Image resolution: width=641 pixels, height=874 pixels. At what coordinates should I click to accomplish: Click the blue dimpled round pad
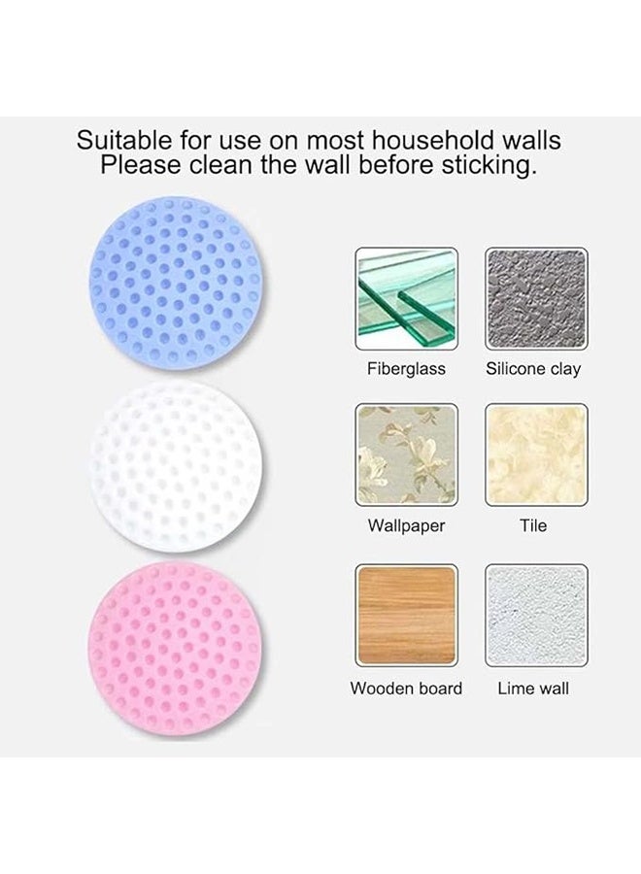pos(176,282)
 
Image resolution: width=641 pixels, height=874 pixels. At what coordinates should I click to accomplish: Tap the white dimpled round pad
pos(176,467)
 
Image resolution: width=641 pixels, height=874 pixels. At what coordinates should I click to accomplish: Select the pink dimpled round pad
pos(175,650)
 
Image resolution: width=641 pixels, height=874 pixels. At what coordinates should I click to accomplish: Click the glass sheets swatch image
pos(406,299)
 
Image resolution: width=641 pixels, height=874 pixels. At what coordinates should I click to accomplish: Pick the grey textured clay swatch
pos(536,299)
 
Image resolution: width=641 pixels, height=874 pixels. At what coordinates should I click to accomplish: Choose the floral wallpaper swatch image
pos(406,454)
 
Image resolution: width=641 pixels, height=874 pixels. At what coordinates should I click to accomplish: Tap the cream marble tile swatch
pos(536,454)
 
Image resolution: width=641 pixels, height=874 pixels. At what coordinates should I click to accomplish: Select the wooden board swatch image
pos(406,616)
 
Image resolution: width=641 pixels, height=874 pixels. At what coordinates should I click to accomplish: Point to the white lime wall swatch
pos(536,616)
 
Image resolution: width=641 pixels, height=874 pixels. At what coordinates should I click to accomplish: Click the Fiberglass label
pos(406,369)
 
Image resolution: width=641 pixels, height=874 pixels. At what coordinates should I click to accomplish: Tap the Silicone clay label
pos(533,369)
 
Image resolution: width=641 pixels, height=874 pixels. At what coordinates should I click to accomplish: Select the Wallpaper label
pos(406,526)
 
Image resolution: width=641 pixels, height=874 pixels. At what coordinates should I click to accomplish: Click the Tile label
pos(533,525)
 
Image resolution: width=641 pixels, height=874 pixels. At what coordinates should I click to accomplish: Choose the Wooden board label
pos(406,689)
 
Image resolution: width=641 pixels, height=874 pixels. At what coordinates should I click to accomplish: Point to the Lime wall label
pos(533,689)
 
